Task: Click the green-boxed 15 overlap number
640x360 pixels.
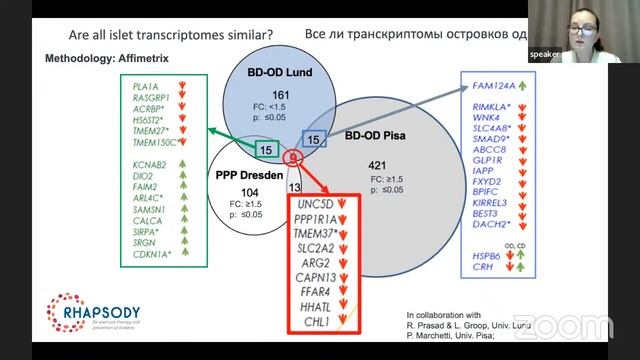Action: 265,150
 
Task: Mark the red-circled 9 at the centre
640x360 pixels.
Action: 293,157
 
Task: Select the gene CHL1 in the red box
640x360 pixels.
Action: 313,325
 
